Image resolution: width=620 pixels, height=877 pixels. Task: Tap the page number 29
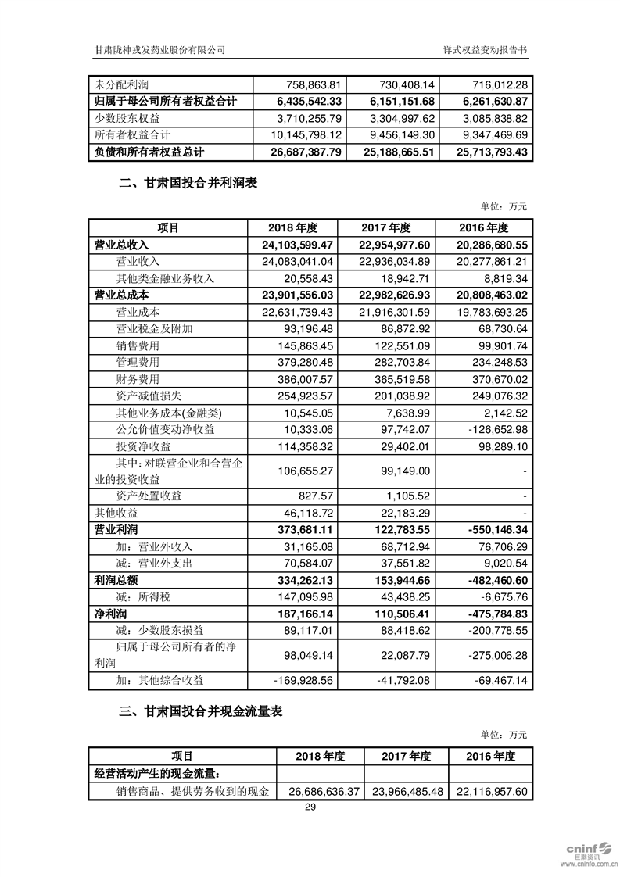(310, 807)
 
